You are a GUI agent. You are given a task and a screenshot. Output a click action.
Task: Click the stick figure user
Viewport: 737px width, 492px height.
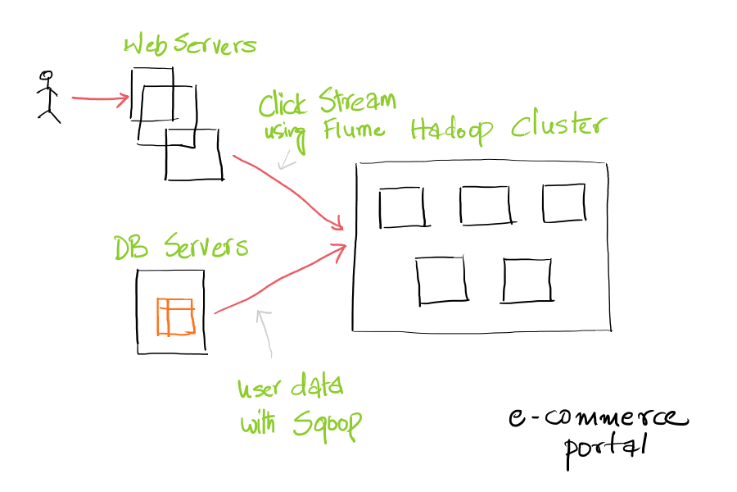(x=48, y=98)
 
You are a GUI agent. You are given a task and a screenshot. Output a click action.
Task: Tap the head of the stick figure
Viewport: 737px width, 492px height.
(x=47, y=75)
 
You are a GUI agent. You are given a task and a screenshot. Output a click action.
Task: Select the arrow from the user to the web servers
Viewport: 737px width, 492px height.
(x=100, y=99)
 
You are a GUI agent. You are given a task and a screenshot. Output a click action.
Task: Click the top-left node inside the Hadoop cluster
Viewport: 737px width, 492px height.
(x=402, y=207)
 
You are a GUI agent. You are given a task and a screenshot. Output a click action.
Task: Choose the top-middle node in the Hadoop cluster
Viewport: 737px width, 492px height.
(x=486, y=205)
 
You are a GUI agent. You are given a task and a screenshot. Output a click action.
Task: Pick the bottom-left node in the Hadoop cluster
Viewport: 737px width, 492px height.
(x=441, y=280)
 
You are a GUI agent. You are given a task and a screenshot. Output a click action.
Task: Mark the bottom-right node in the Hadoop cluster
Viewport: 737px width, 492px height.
(x=527, y=280)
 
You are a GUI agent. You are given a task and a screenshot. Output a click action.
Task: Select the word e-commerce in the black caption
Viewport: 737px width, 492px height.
(x=598, y=418)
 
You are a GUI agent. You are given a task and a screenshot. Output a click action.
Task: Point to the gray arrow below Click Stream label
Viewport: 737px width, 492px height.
(x=287, y=159)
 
